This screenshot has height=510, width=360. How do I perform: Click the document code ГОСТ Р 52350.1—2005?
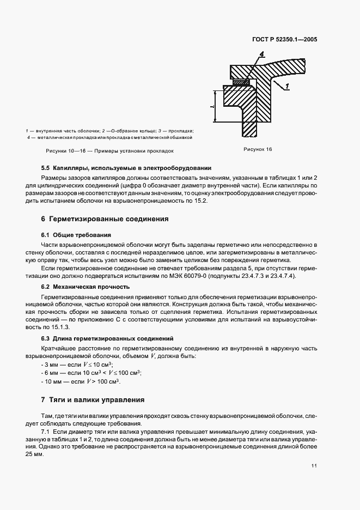[286, 39]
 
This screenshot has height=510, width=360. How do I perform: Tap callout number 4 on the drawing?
[262, 54]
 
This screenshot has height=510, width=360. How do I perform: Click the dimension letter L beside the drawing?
[212, 107]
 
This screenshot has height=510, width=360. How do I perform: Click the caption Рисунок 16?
[257, 149]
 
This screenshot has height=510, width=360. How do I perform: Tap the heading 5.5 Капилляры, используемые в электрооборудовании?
[126, 168]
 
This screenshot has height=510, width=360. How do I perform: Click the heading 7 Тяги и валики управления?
[93, 399]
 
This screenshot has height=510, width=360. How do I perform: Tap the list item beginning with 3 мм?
[77, 364]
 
